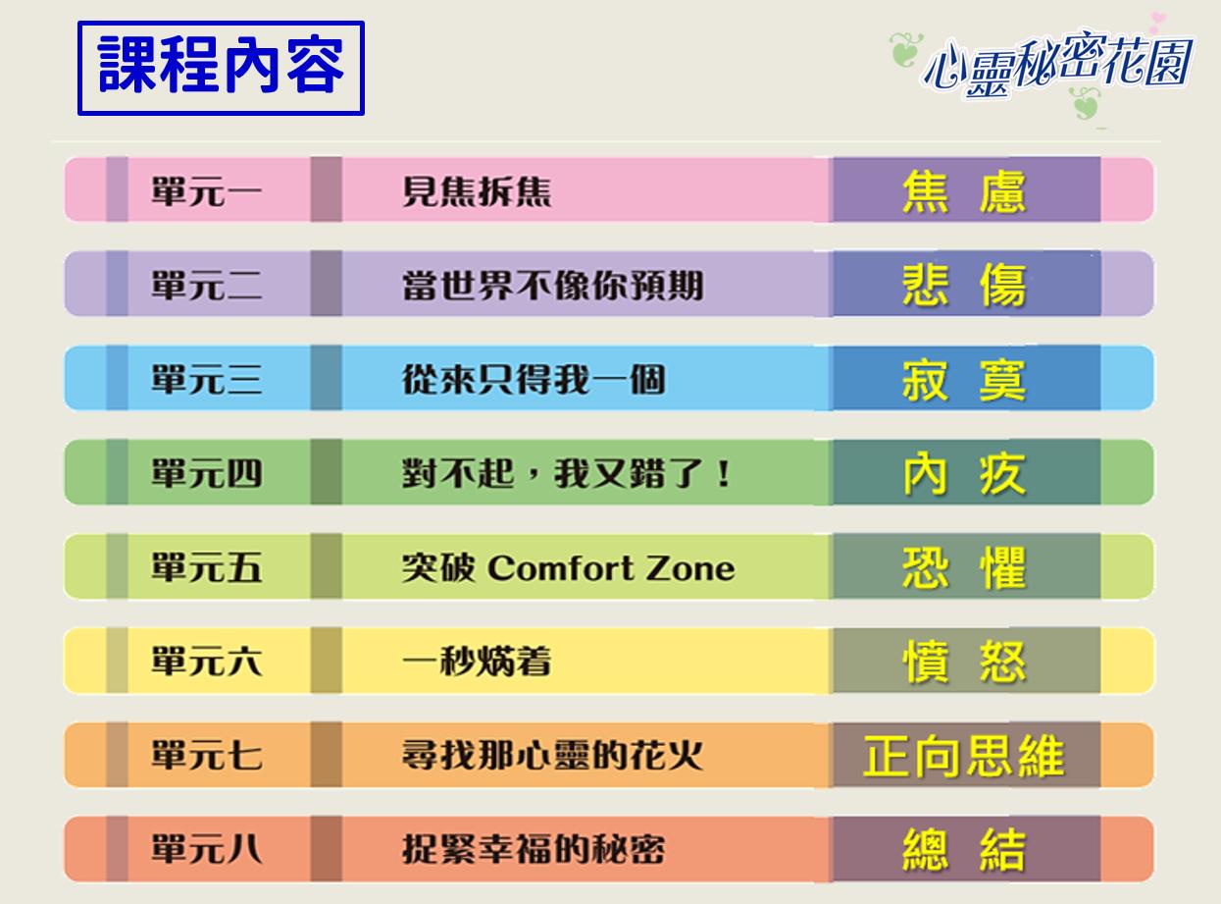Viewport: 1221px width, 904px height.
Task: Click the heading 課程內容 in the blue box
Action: pos(221,66)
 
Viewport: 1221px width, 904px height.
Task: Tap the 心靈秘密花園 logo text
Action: pos(1058,65)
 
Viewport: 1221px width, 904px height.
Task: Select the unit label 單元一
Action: pos(206,191)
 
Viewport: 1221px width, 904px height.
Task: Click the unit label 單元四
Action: pos(206,473)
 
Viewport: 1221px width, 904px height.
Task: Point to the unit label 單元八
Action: pos(206,849)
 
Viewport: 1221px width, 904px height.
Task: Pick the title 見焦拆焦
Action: pos(477,191)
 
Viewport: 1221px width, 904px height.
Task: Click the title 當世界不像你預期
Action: pos(553,286)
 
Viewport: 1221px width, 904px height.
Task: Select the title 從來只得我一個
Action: pos(534,379)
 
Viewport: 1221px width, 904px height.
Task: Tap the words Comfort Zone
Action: pos(611,567)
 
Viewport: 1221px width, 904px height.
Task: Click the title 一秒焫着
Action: pos(477,661)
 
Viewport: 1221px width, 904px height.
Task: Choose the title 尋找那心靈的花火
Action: pos(553,755)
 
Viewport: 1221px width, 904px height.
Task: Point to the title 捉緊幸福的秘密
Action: pos(534,849)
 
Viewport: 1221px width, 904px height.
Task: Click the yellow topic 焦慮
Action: pos(964,191)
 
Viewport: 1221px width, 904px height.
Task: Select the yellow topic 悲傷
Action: pos(964,286)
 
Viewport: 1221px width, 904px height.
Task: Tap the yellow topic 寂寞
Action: pos(964,380)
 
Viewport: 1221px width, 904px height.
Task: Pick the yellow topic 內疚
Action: pos(964,473)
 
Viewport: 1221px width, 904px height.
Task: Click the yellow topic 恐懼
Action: pos(964,567)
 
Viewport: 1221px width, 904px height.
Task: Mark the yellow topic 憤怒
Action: pos(964,662)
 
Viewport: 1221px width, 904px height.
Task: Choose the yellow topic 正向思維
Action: pos(964,756)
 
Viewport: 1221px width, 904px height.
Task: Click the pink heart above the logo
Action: pos(1157,21)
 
